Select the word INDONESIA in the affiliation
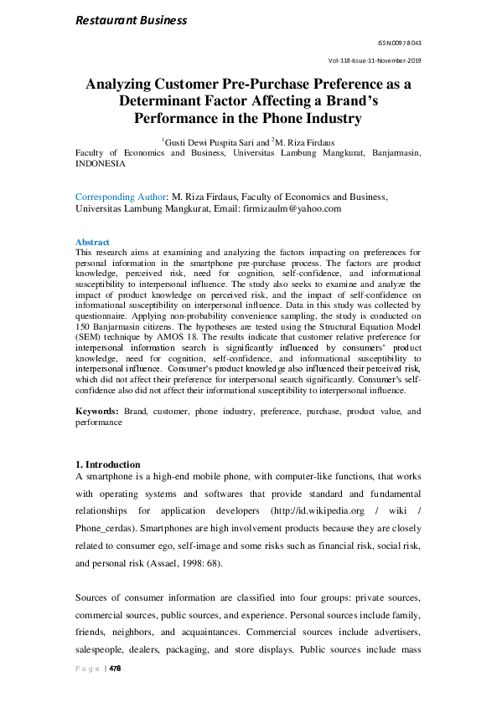click(101, 165)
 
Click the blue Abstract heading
click(92, 243)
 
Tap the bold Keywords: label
click(97, 412)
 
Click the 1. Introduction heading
click(108, 464)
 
